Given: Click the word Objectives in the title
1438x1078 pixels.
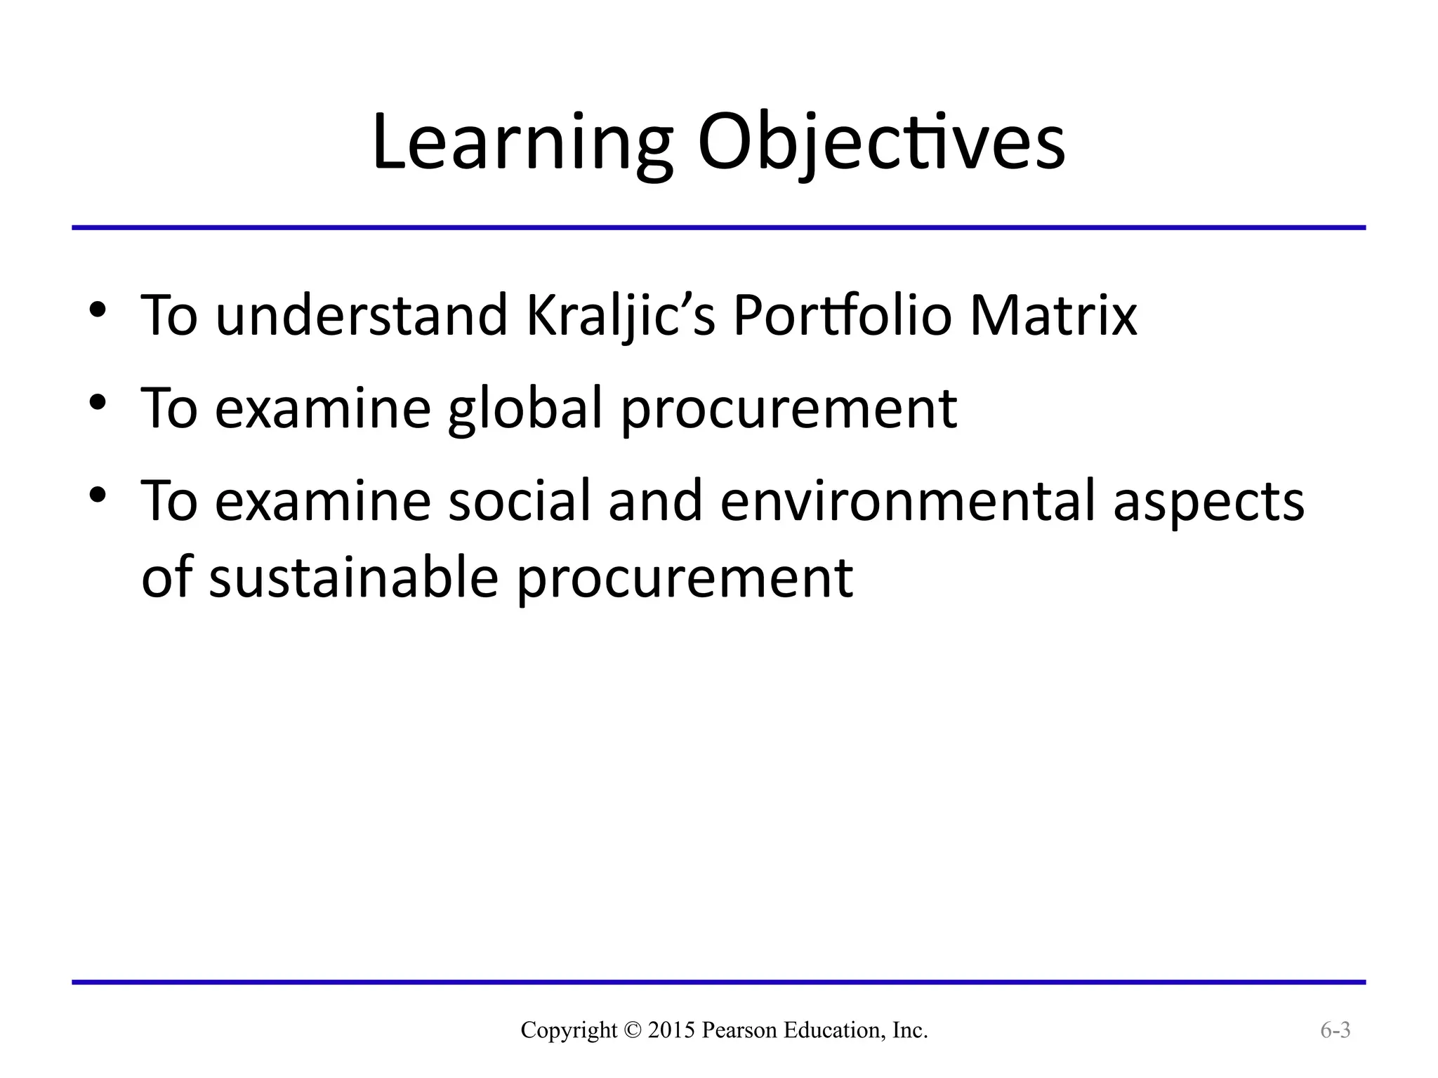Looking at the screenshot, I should tap(881, 144).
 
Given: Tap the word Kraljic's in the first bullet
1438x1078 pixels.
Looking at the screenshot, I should tap(621, 315).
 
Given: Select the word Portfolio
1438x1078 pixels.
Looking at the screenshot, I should tap(842, 315).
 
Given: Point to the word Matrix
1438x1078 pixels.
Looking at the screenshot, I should tap(1053, 315).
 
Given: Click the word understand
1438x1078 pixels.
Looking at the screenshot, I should tap(361, 315).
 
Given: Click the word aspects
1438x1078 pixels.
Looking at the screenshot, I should tap(1208, 501).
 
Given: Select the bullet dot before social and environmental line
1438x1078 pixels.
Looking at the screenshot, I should tap(98, 495).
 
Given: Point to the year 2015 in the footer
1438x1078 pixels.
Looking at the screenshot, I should tap(671, 1030).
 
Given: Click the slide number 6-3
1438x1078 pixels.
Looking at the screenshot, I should tap(1335, 1030).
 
